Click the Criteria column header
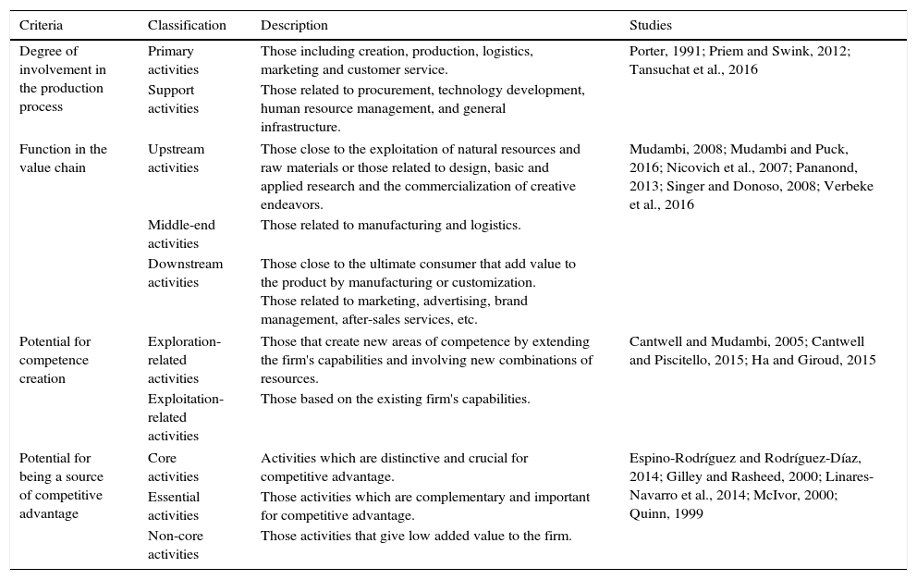pyautogui.click(x=42, y=25)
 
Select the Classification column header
pyautogui.click(x=187, y=25)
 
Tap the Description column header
pyautogui.click(x=294, y=25)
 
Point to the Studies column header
pyautogui.click(x=651, y=25)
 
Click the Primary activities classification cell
pyautogui.click(x=173, y=60)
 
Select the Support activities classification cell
pyautogui.click(x=173, y=99)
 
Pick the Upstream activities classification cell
pyautogui.click(x=176, y=158)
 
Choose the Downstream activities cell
pyautogui.click(x=185, y=273)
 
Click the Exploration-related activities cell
pyautogui.click(x=184, y=360)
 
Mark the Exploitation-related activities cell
pyautogui.click(x=185, y=417)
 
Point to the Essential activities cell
pyautogui.click(x=174, y=506)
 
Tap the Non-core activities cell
pyautogui.click(x=175, y=545)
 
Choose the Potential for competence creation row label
pyautogui.click(x=55, y=360)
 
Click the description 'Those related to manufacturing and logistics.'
pyautogui.click(x=390, y=225)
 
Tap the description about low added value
pyautogui.click(x=416, y=536)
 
